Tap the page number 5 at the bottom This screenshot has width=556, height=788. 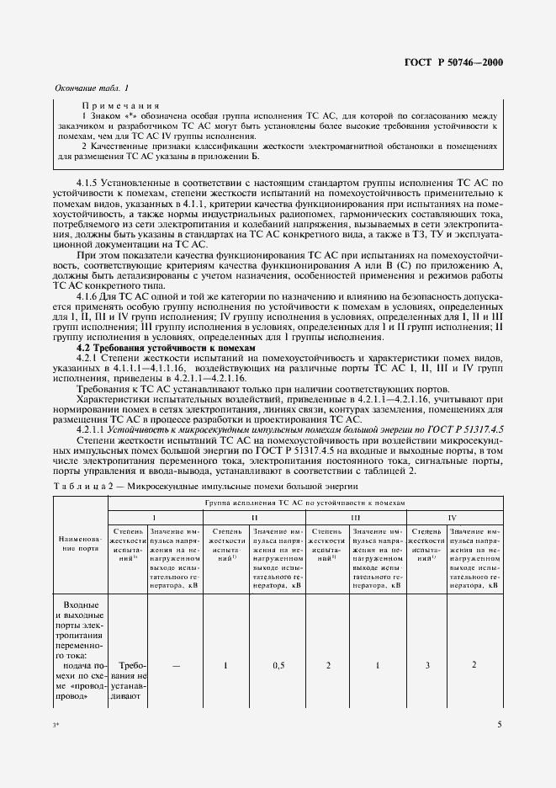(500, 724)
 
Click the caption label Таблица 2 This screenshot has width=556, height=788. (86, 487)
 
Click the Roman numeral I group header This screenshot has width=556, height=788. (153, 518)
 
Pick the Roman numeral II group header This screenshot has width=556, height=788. (253, 518)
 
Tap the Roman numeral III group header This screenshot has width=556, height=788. (355, 518)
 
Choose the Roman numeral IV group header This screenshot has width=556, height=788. (453, 518)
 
